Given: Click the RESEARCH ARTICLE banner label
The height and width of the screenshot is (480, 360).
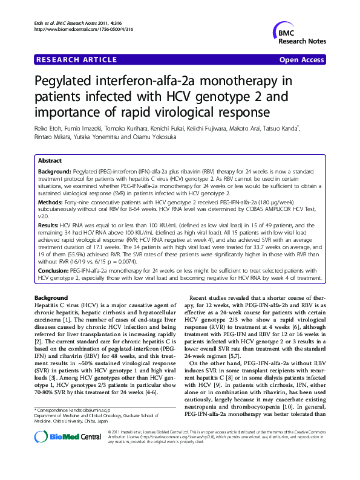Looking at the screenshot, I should [77, 60].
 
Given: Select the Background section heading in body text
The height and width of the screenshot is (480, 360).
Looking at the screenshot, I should [51, 298].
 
